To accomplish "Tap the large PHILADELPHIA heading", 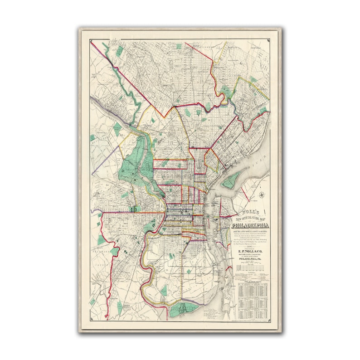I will coord(249,225).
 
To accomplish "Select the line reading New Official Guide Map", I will coord(249,219).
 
